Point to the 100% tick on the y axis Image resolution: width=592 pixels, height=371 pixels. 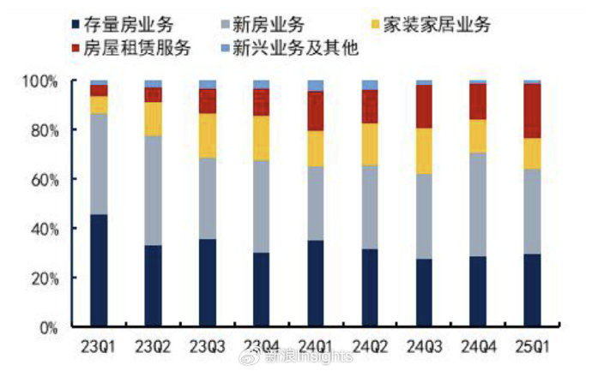click(40, 81)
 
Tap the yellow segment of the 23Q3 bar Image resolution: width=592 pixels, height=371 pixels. click(208, 135)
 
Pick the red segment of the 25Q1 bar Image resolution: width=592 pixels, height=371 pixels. click(533, 111)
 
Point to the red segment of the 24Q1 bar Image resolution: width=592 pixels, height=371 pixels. click(316, 111)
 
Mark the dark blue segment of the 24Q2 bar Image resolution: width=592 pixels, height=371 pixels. click(370, 288)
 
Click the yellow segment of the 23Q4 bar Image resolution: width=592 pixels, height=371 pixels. click(262, 138)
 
